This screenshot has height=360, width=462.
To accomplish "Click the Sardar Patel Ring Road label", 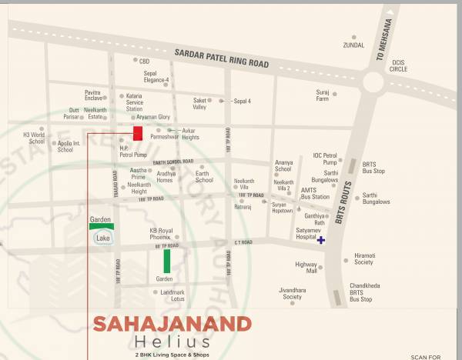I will (223, 58).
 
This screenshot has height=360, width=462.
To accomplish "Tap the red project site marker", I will (138, 133).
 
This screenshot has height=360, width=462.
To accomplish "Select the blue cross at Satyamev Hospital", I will (321, 240).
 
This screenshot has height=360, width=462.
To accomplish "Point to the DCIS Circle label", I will (398, 65).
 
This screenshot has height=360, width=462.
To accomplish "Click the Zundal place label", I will (353, 45).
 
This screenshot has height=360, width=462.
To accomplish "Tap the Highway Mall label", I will (306, 268).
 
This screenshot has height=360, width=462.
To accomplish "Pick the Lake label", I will (102, 238).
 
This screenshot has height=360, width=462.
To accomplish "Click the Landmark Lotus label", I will (172, 295).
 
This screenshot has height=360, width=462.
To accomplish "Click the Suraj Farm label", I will (322, 95).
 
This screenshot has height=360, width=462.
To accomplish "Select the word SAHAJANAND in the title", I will (172, 324).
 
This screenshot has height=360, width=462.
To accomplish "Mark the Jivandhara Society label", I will (291, 293).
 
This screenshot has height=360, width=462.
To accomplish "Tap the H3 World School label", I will (35, 138).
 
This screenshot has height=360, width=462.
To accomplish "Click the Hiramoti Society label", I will (364, 258).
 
